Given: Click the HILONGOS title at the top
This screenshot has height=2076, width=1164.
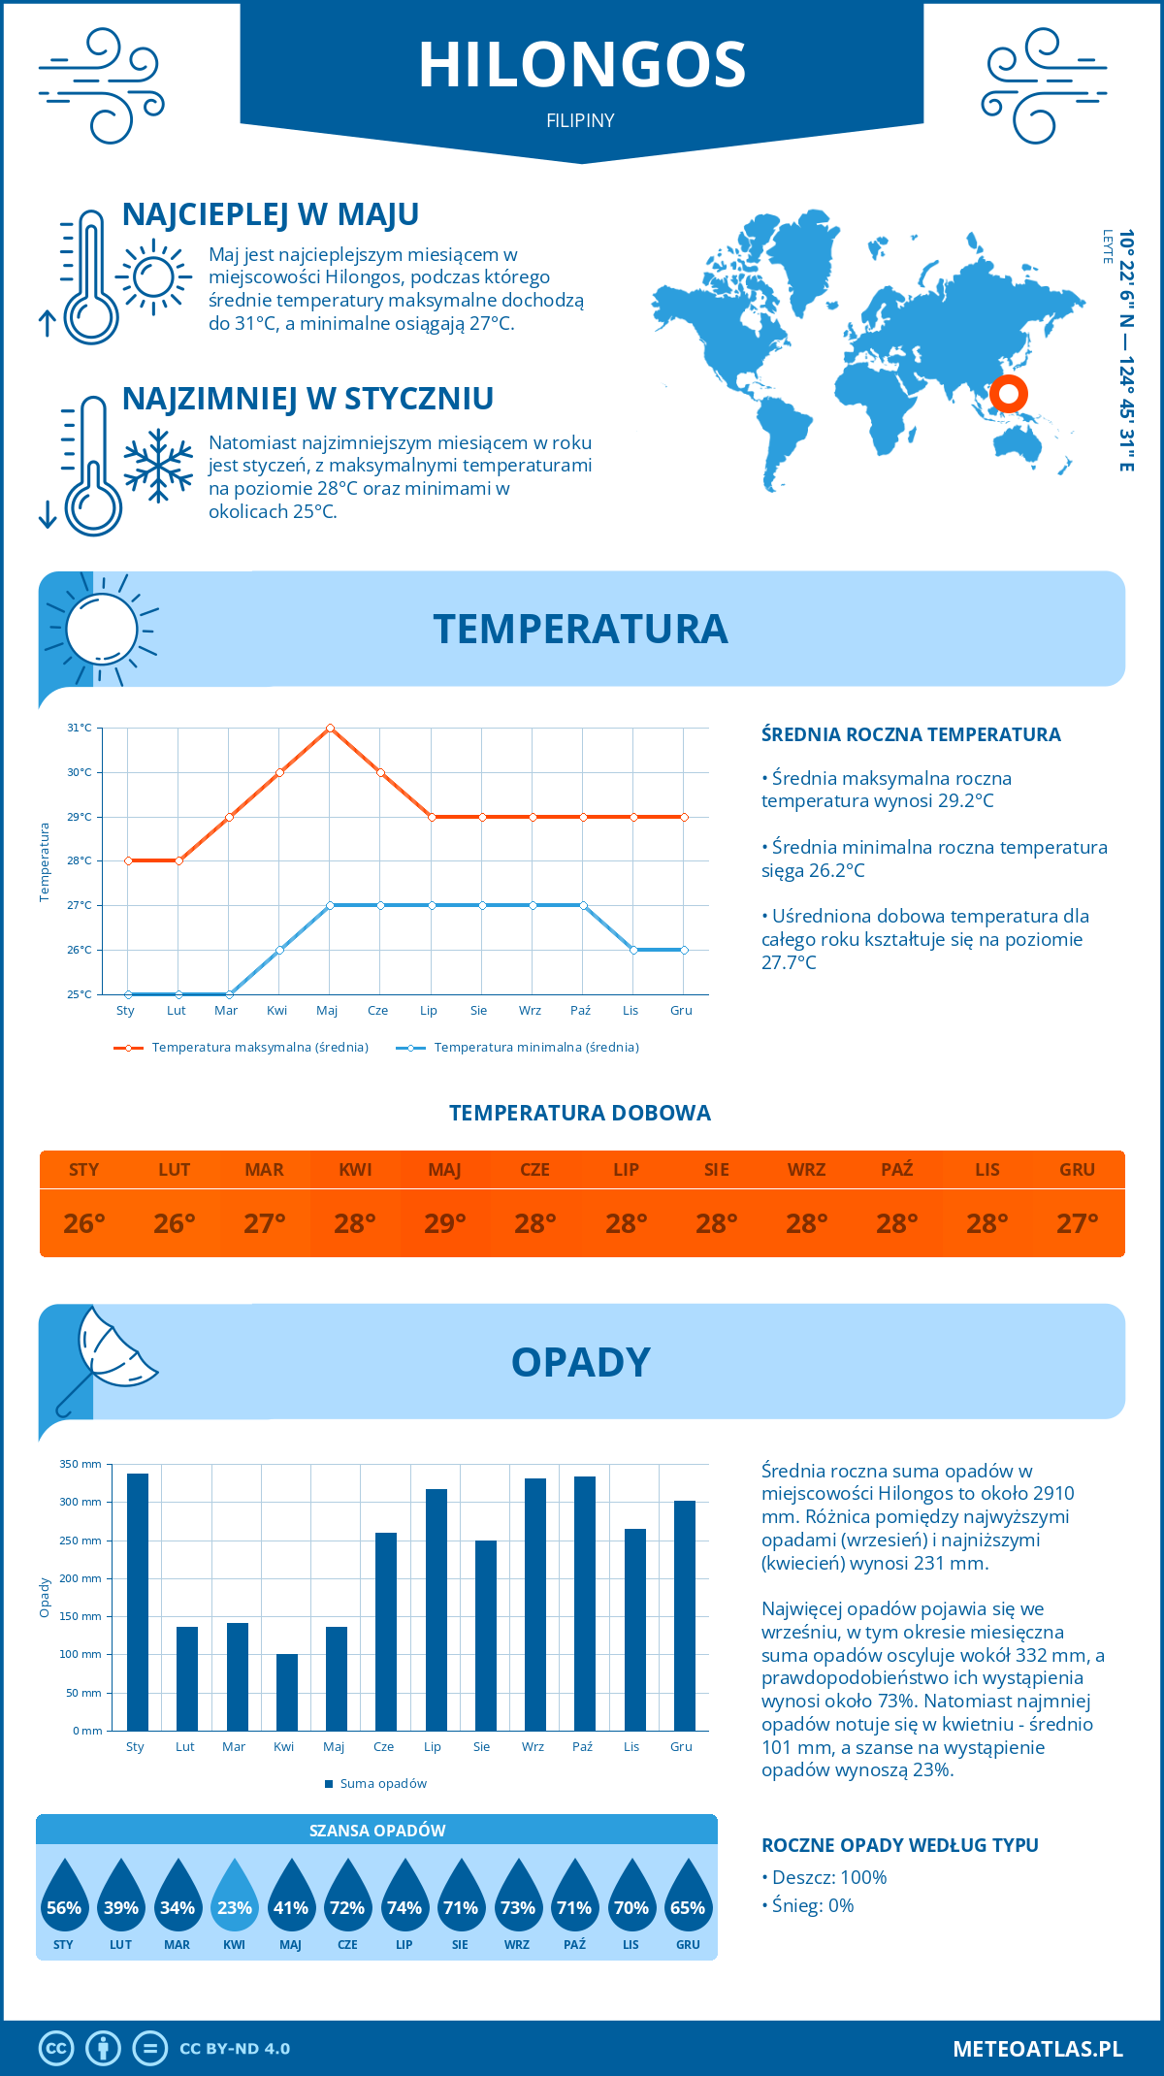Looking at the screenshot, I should (x=582, y=65).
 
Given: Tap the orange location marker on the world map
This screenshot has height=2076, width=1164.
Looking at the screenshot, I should (x=1009, y=394).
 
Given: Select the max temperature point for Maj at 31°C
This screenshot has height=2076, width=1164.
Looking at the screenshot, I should (x=330, y=728).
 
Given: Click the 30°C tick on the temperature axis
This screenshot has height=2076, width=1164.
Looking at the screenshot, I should (x=80, y=772).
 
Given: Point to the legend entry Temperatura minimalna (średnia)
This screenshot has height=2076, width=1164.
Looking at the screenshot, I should (x=535, y=1048).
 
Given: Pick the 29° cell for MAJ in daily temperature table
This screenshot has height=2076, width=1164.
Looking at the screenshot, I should (x=445, y=1223).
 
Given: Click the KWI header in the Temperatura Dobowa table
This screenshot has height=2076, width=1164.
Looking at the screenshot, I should (x=355, y=1170).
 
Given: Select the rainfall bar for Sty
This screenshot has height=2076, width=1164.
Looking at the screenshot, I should (x=138, y=1602).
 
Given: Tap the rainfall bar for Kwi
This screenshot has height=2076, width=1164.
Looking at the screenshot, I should (x=287, y=1692).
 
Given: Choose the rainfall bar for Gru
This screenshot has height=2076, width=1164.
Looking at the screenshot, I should (x=685, y=1615).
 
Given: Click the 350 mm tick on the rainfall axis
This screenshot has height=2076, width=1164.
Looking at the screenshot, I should (x=81, y=1464).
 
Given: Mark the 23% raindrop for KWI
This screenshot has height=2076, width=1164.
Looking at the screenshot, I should (x=235, y=1897).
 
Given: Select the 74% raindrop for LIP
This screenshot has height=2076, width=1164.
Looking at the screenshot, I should (x=404, y=1897).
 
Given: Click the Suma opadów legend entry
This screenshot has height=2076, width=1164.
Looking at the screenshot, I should (x=383, y=1784).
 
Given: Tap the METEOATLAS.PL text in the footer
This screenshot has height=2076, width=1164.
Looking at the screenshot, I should (x=1038, y=2049).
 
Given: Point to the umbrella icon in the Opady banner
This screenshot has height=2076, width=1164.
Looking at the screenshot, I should (x=107, y=1358).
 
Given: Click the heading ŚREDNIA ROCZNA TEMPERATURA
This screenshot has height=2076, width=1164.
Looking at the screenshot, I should (x=911, y=735).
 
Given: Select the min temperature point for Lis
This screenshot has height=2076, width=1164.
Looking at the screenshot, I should (x=633, y=950).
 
